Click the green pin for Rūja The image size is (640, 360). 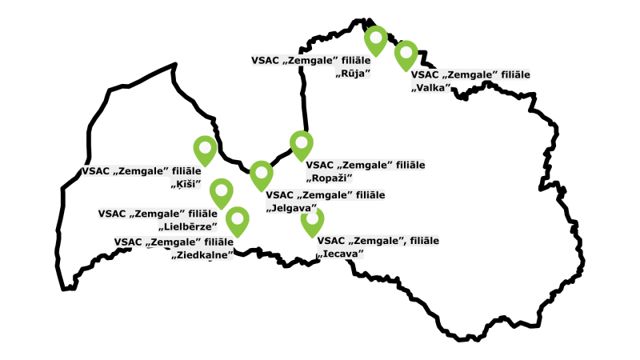click(x=375, y=38)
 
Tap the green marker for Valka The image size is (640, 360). click(x=406, y=54)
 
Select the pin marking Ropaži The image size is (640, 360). click(x=301, y=145)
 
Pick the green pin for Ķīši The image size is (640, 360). click(x=206, y=149)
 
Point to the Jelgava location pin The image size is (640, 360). click(x=262, y=174)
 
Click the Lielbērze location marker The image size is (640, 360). click(x=221, y=192)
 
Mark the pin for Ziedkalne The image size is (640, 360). click(x=237, y=220)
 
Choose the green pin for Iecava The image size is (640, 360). click(x=312, y=220)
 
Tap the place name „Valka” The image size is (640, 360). click(x=431, y=87)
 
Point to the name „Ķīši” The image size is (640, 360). click(x=185, y=185)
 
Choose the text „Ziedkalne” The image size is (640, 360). click(x=202, y=255)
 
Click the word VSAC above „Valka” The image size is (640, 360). click(x=425, y=74)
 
